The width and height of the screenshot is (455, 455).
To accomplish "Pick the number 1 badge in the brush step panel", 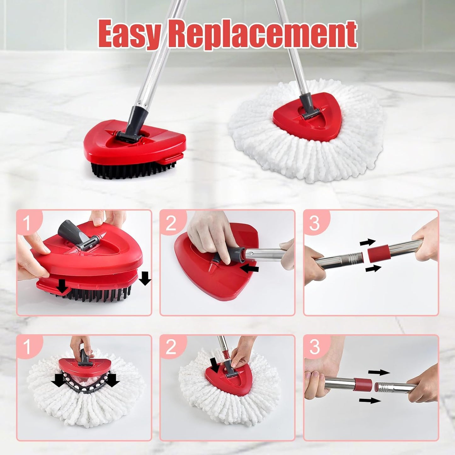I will coord(27,222).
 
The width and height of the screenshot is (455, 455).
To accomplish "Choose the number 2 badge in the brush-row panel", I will coord(171,223).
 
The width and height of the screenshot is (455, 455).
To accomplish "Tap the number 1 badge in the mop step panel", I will coord(27,346).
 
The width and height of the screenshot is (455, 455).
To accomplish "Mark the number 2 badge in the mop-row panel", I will coord(171,347).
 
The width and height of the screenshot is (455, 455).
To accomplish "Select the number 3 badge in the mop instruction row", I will coord(315,347).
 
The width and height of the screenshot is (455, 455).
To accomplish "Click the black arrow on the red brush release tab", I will coord(62,286).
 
